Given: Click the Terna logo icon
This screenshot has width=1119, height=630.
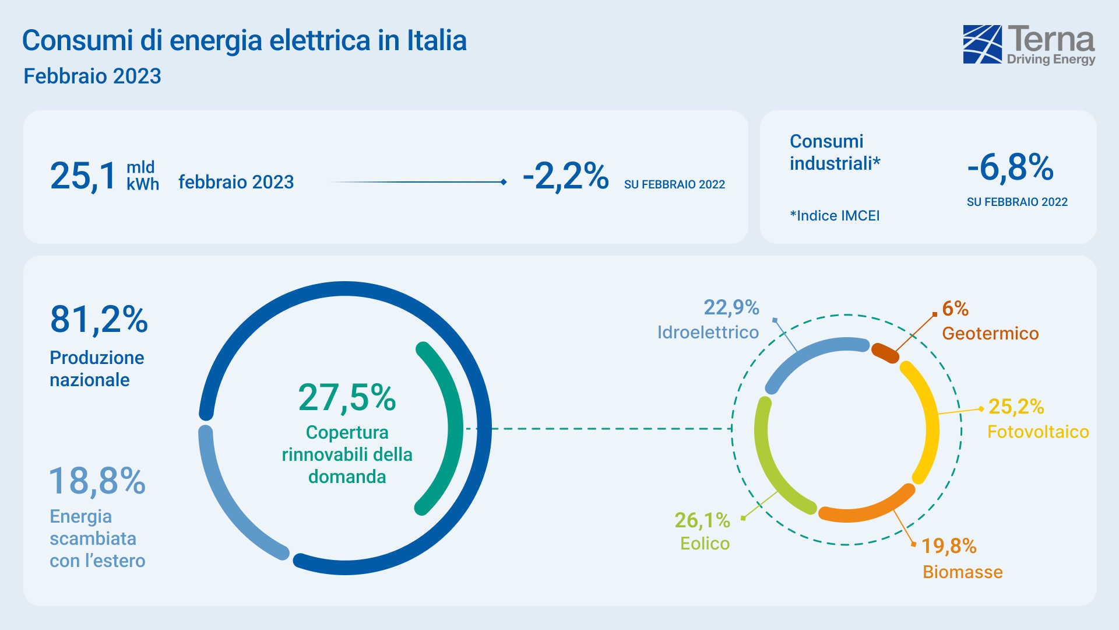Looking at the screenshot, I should click(982, 44).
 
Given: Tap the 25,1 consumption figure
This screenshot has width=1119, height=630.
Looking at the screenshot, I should click(83, 176).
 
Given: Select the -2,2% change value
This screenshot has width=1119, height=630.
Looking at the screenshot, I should click(565, 176).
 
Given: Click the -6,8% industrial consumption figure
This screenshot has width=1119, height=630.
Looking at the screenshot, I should click(1011, 168).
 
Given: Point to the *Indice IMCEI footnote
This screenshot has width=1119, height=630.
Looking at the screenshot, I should click(835, 216).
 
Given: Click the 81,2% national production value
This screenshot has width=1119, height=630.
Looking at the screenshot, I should click(99, 320).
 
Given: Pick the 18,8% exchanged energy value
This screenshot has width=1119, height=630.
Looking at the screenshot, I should click(97, 481).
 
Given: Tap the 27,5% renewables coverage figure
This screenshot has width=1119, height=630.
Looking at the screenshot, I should click(347, 398).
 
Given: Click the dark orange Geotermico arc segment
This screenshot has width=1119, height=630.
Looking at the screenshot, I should click(885, 353).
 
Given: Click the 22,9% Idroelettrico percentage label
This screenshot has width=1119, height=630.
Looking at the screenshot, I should click(731, 307).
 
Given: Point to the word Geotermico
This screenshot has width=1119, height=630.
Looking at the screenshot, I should click(990, 334).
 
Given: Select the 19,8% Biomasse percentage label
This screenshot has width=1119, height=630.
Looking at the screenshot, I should click(949, 546).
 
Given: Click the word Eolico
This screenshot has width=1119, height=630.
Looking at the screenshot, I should click(705, 544).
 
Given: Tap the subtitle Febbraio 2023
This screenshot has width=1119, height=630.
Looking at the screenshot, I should click(92, 76).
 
